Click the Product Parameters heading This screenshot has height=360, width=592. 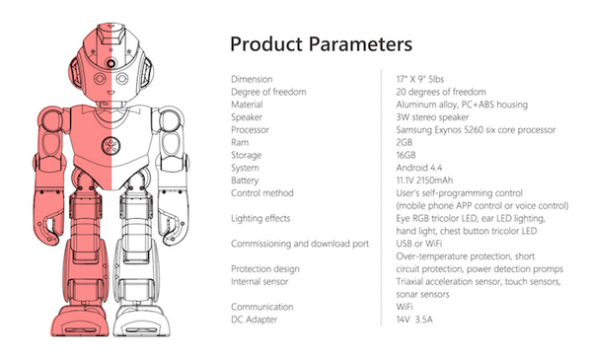click(321, 44)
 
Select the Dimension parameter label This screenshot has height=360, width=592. click(252, 79)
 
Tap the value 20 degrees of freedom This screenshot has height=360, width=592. click(441, 92)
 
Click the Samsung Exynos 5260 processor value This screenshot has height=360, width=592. click(476, 130)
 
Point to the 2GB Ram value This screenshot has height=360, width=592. click(405, 143)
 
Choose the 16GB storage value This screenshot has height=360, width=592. click(406, 155)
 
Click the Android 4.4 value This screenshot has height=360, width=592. click(419, 168)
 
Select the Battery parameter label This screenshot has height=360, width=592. click(245, 180)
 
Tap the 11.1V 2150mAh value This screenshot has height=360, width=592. click(424, 180)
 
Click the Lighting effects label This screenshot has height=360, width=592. click(260, 219)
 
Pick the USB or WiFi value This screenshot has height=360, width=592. click(419, 244)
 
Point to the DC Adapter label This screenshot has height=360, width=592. click(255, 320)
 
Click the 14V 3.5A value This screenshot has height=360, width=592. click(414, 320)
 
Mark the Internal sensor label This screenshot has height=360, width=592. click(259, 281)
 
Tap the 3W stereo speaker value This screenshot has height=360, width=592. click(433, 117)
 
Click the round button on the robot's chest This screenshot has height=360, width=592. click(111, 146)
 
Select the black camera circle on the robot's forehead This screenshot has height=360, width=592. click(111, 63)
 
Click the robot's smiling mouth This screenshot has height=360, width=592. click(111, 92)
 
